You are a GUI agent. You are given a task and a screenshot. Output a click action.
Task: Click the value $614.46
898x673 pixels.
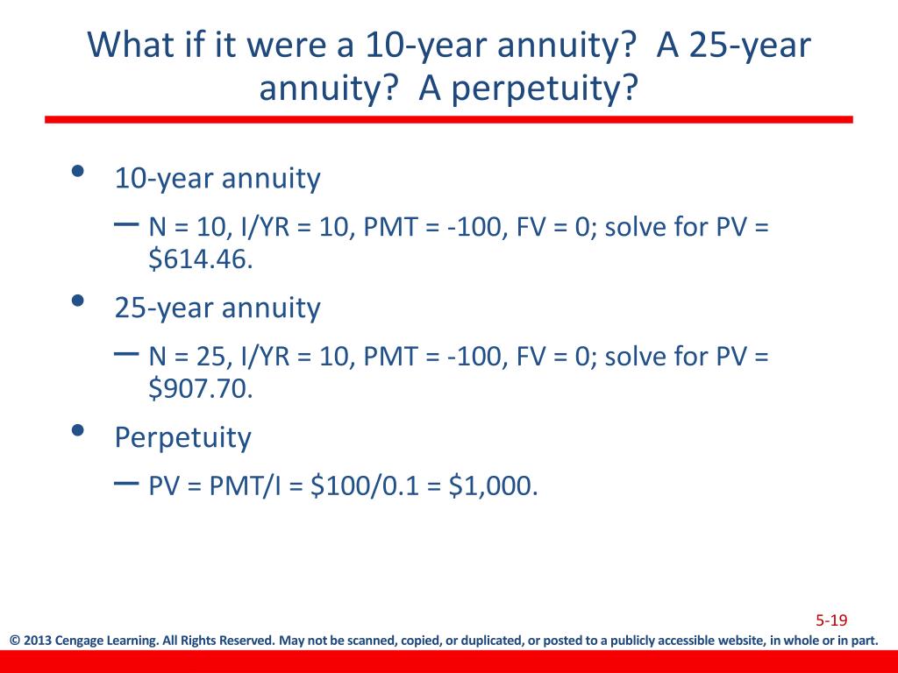pyautogui.click(x=201, y=259)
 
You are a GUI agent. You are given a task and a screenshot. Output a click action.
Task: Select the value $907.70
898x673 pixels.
pyautogui.click(x=201, y=388)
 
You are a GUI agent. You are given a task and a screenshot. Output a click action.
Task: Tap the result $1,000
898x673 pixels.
pyautogui.click(x=493, y=485)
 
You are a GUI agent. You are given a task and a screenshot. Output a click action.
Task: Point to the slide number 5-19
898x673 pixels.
pyautogui.click(x=831, y=620)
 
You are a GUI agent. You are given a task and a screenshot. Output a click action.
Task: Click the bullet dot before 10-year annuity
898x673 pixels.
pyautogui.click(x=78, y=171)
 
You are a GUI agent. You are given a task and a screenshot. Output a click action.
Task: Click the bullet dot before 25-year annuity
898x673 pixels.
pyautogui.click(x=78, y=301)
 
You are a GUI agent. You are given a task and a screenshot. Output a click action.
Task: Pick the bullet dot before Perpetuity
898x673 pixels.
pyautogui.click(x=78, y=429)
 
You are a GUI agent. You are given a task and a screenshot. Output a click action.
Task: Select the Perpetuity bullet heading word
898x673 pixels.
pyautogui.click(x=182, y=438)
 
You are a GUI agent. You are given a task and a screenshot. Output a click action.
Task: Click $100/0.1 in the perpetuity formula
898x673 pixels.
pyautogui.click(x=365, y=485)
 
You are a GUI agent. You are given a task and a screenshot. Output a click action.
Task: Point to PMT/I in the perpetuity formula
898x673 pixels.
pyautogui.click(x=245, y=485)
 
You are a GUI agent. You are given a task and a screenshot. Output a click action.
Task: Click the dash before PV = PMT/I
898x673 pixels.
pyautogui.click(x=126, y=484)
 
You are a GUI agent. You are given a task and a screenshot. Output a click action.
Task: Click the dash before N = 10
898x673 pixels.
pyautogui.click(x=126, y=225)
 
